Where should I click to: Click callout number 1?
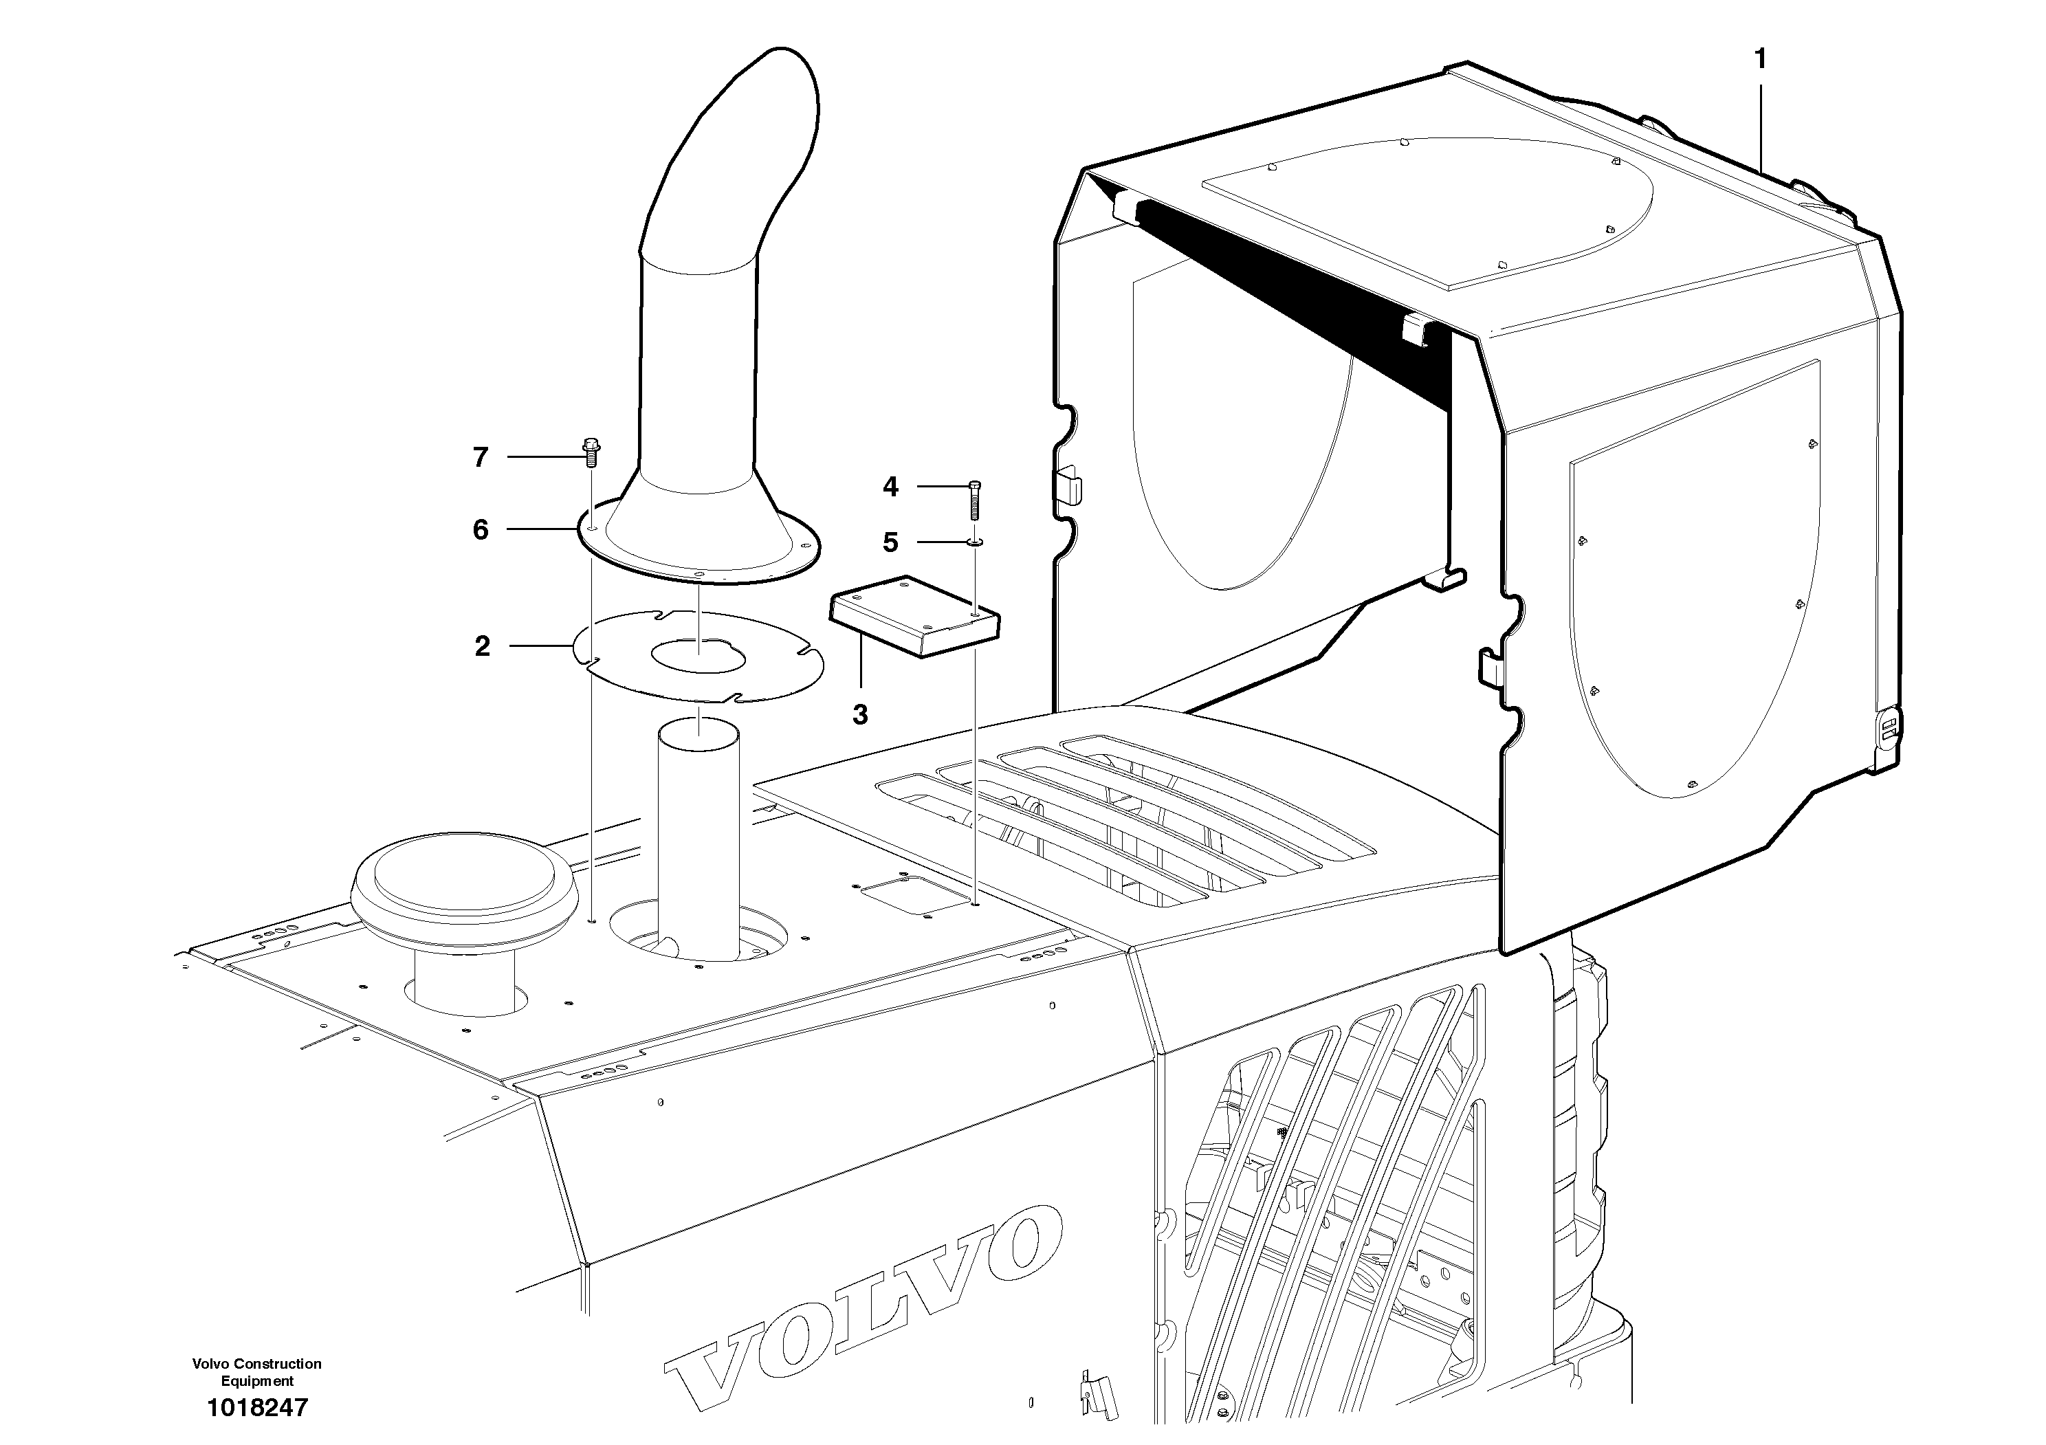[1759, 60]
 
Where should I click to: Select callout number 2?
[482, 646]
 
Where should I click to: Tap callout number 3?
[860, 714]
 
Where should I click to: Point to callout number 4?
[890, 487]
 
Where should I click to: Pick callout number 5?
[890, 542]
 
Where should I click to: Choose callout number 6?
[481, 530]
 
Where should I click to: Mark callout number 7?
[481, 458]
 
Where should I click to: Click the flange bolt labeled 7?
[590, 452]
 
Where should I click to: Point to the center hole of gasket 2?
[698, 655]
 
